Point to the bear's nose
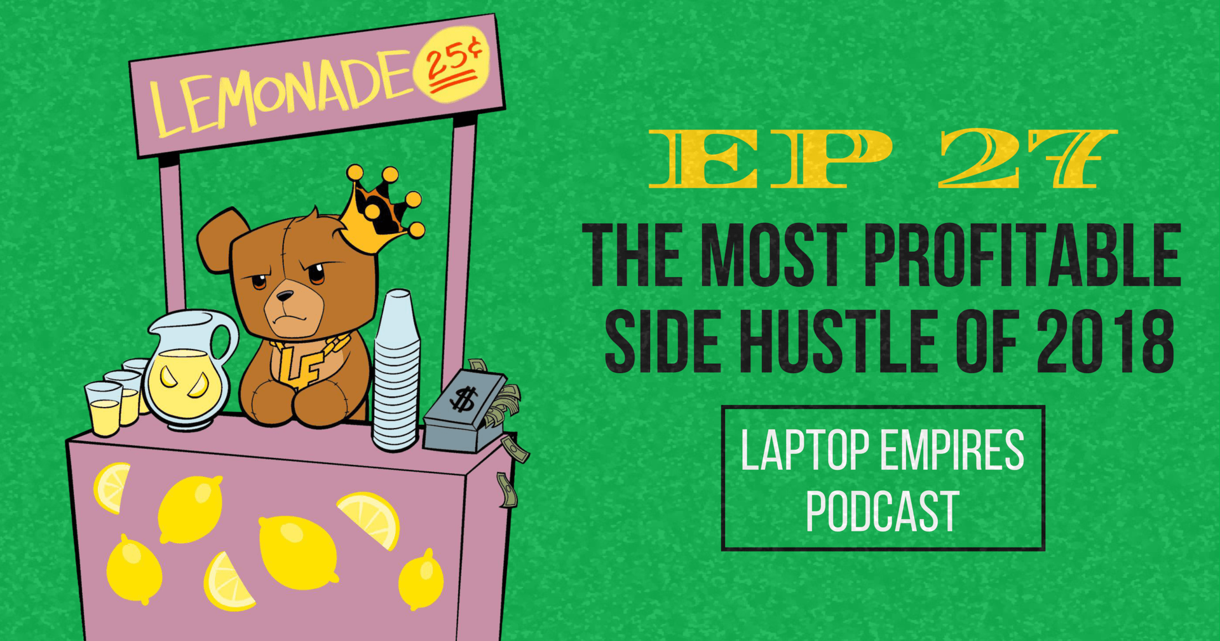(285, 296)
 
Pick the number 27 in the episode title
(1026, 158)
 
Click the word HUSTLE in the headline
(838, 341)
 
